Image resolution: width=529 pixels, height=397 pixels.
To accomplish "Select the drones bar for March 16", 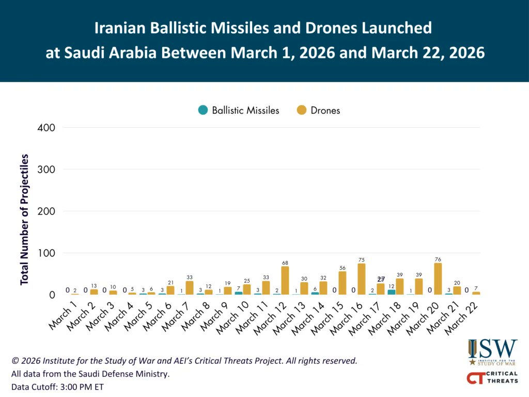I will coord(362,279).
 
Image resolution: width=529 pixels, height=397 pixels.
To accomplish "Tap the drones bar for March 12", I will coord(285,281).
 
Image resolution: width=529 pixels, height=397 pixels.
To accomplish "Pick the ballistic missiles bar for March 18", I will coord(392,292).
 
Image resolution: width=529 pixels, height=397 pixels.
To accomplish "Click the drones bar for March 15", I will coord(343,283).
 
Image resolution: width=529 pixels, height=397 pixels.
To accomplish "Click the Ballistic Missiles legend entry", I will coord(239,110).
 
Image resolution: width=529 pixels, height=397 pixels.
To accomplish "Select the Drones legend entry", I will coord(319,110).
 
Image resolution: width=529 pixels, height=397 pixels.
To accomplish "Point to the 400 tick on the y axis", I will coord(48,127).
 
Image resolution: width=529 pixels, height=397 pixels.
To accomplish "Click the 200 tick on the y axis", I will coord(48,211).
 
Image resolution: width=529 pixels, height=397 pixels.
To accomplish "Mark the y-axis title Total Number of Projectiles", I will coord(24,219).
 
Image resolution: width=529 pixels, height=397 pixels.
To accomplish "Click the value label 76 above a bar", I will coord(438,259).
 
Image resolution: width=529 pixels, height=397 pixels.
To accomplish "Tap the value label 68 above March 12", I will coord(285,263).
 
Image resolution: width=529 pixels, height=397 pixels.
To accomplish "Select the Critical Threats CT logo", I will coord(492,378).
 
